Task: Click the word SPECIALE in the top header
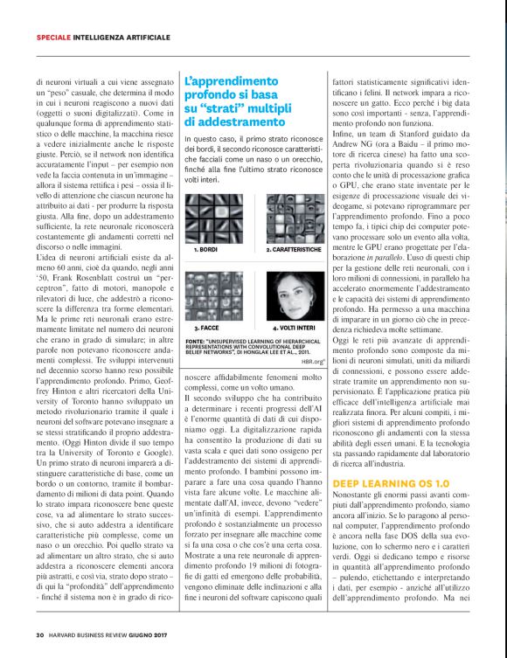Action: point(53,37)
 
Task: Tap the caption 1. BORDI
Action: point(205,250)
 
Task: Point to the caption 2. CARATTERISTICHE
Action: point(294,250)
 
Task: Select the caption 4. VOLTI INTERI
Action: point(288,326)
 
